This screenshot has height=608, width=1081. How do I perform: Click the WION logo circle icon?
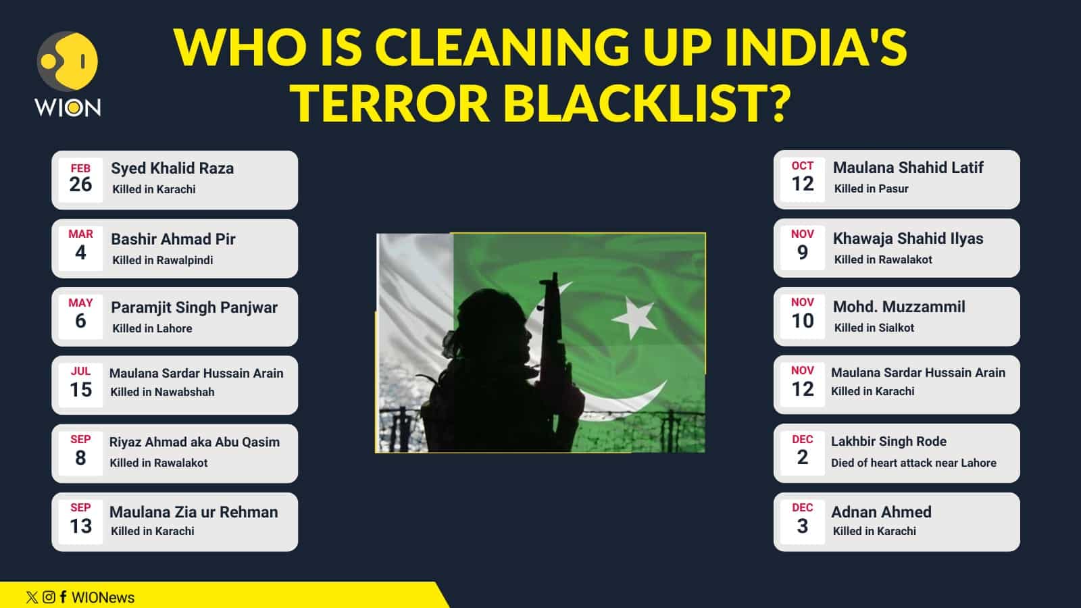(67, 61)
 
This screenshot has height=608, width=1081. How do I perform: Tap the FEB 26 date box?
(80, 179)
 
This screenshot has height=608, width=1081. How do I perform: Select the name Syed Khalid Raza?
(172, 168)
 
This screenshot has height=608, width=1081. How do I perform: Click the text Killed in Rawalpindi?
(162, 260)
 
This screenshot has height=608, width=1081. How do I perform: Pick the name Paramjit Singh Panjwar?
(194, 307)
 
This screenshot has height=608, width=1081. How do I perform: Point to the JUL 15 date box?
(80, 384)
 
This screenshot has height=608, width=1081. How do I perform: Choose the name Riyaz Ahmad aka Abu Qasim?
(194, 442)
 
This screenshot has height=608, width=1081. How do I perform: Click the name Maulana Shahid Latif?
(907, 168)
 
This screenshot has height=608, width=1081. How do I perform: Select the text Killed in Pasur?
(871, 188)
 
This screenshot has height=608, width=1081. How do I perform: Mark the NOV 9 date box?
(802, 247)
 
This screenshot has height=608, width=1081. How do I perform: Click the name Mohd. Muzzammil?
(899, 307)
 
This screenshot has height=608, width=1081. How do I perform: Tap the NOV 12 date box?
(802, 383)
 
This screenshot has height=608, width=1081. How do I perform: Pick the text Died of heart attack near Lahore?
(913, 463)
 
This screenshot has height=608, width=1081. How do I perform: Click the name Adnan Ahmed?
(881, 512)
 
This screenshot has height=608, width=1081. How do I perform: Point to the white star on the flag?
(633, 316)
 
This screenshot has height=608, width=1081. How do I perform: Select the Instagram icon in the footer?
(49, 597)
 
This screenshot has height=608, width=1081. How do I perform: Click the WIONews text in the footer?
(103, 597)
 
